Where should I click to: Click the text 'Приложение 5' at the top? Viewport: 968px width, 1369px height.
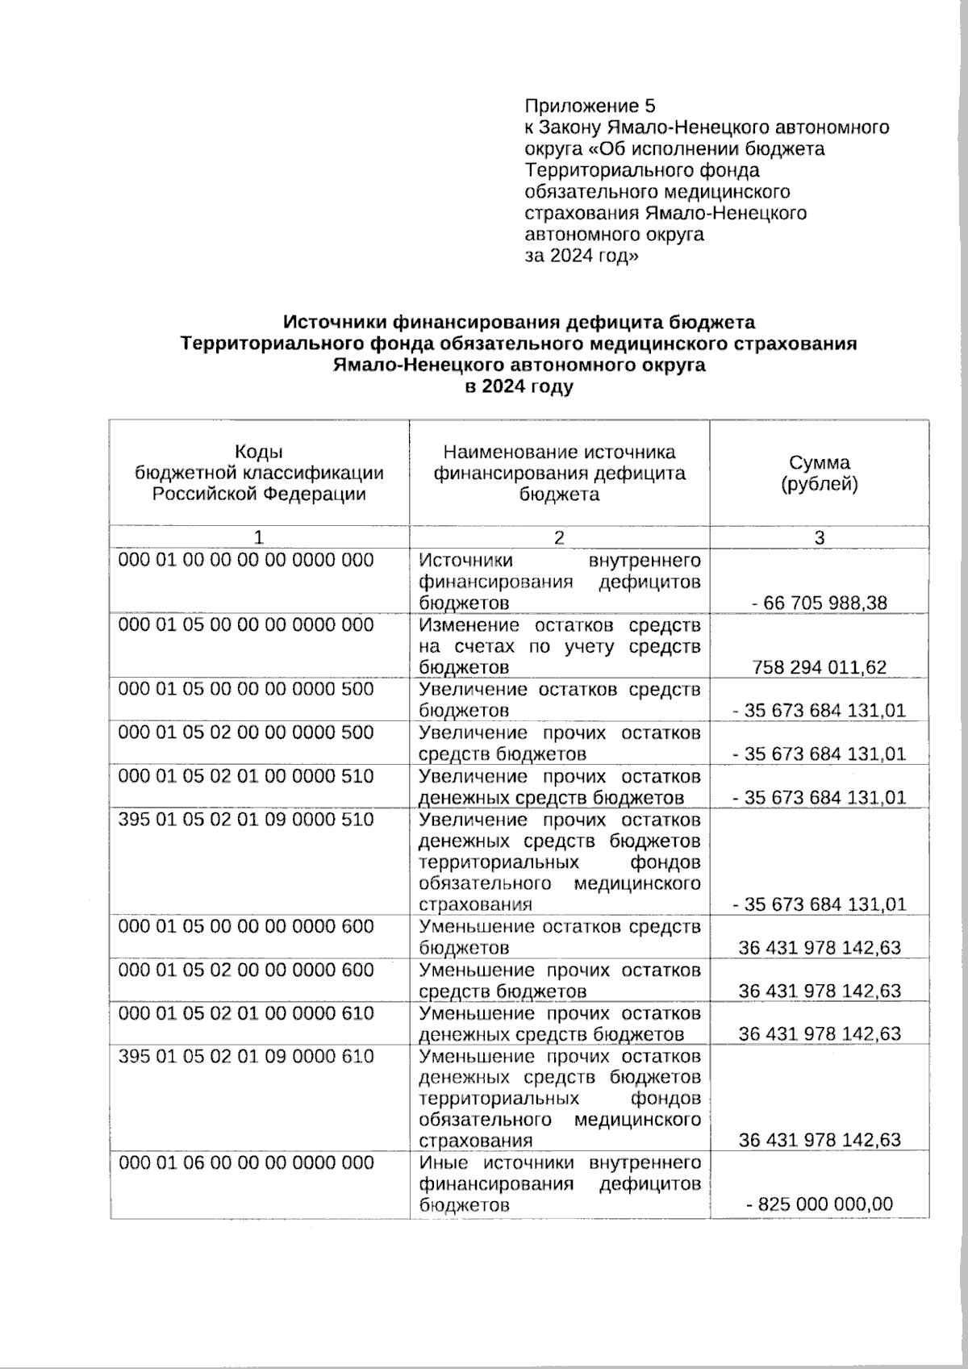[x=590, y=106]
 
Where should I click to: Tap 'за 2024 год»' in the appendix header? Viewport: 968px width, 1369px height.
[x=582, y=257]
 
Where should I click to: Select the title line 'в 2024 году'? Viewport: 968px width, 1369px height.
[x=519, y=386]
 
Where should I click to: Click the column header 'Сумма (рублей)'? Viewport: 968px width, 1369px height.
[x=819, y=474]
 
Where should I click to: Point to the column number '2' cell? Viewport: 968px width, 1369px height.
[x=559, y=538]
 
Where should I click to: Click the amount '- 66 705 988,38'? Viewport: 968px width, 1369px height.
[x=820, y=603]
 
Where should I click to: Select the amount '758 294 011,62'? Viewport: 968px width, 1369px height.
[x=820, y=667]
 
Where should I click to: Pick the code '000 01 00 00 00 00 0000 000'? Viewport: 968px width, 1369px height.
[x=246, y=561]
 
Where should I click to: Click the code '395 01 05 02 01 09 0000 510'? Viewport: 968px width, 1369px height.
[x=246, y=820]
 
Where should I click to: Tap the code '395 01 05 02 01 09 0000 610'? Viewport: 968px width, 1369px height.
[x=246, y=1057]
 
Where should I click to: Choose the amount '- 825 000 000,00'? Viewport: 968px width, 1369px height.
[x=820, y=1205]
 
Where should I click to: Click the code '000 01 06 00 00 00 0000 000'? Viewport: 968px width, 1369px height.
[x=246, y=1163]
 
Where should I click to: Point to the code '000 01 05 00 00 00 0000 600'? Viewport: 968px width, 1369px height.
[x=246, y=927]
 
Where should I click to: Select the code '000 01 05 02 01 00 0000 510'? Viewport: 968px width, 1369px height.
[x=246, y=776]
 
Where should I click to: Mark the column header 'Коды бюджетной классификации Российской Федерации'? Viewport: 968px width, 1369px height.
[x=259, y=474]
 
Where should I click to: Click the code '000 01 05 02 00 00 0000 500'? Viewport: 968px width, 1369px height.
[x=246, y=732]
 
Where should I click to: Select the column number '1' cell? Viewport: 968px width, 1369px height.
[x=259, y=538]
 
